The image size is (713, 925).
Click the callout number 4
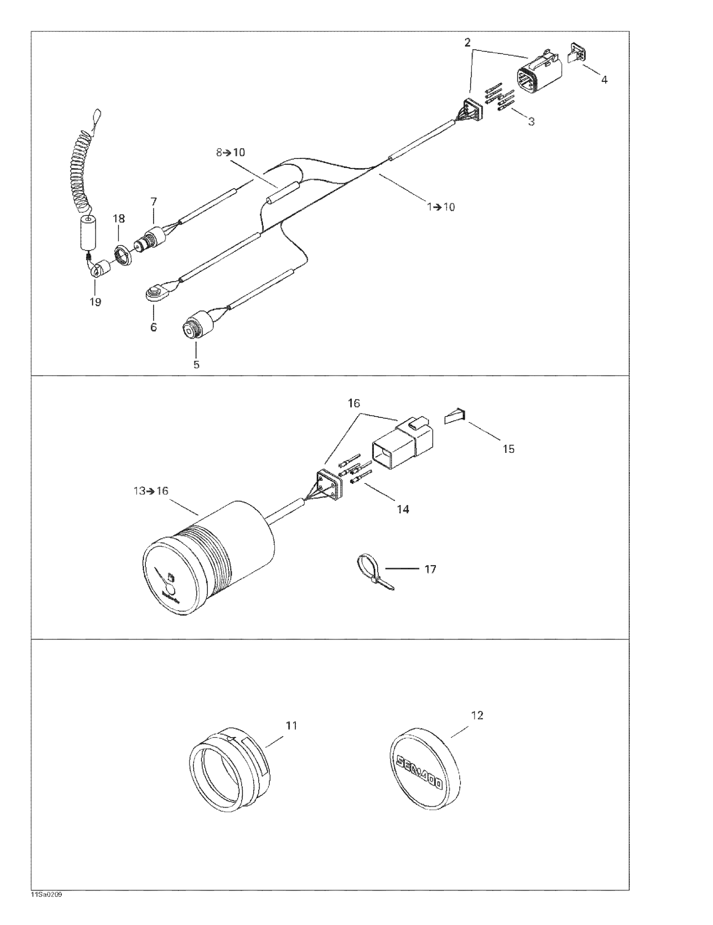click(x=604, y=80)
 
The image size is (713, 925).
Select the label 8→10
click(x=230, y=153)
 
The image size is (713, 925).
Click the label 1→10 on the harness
click(x=441, y=207)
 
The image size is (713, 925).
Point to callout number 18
click(x=119, y=219)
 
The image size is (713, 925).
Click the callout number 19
click(x=95, y=302)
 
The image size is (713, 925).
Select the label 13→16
click(x=151, y=491)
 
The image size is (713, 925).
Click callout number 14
click(x=403, y=509)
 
